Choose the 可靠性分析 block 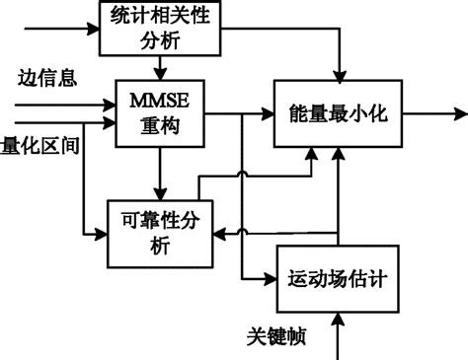click(x=161, y=233)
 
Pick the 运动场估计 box click(x=338, y=278)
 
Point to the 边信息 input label click(x=47, y=76)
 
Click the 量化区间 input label click(x=39, y=144)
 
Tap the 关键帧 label click(x=276, y=338)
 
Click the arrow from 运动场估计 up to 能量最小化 click(x=338, y=197)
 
